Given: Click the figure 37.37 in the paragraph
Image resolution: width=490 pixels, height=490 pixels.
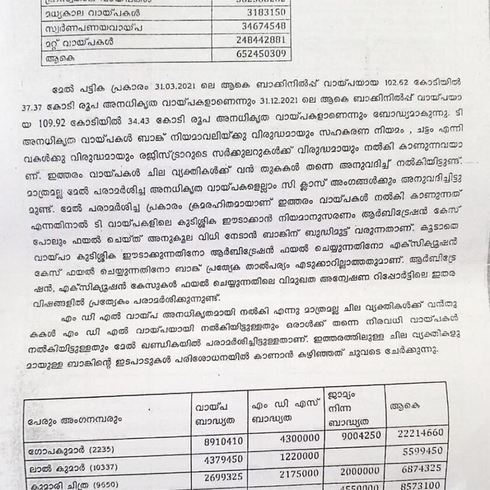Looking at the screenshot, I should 35,98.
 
